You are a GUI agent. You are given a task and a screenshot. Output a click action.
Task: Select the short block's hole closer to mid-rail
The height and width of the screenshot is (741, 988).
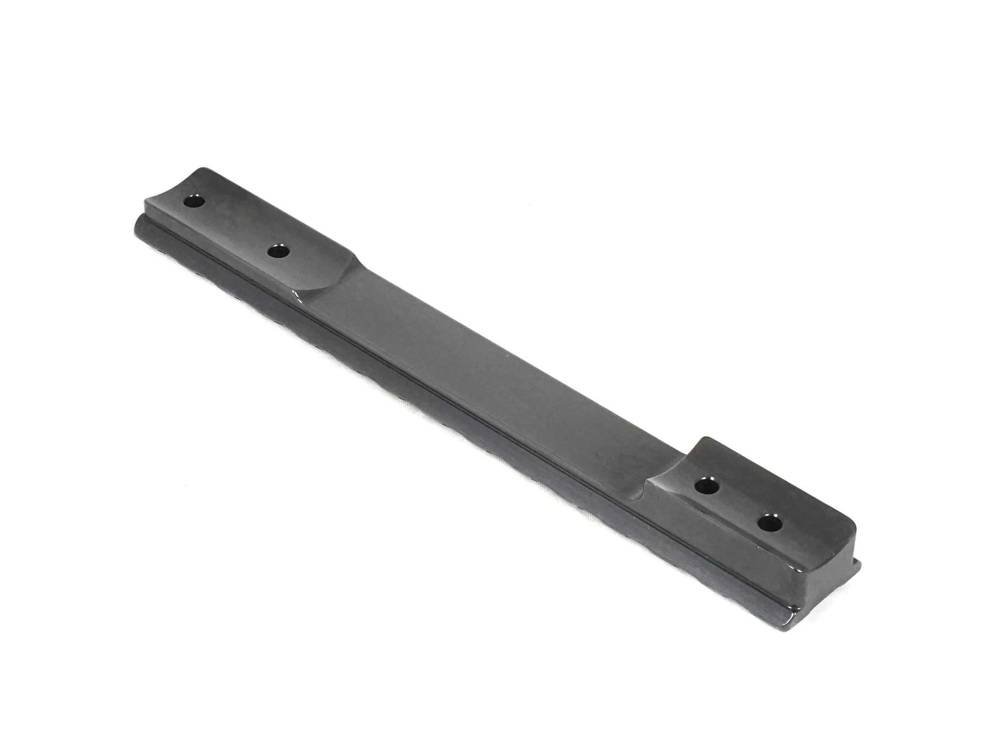pos(705,485)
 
